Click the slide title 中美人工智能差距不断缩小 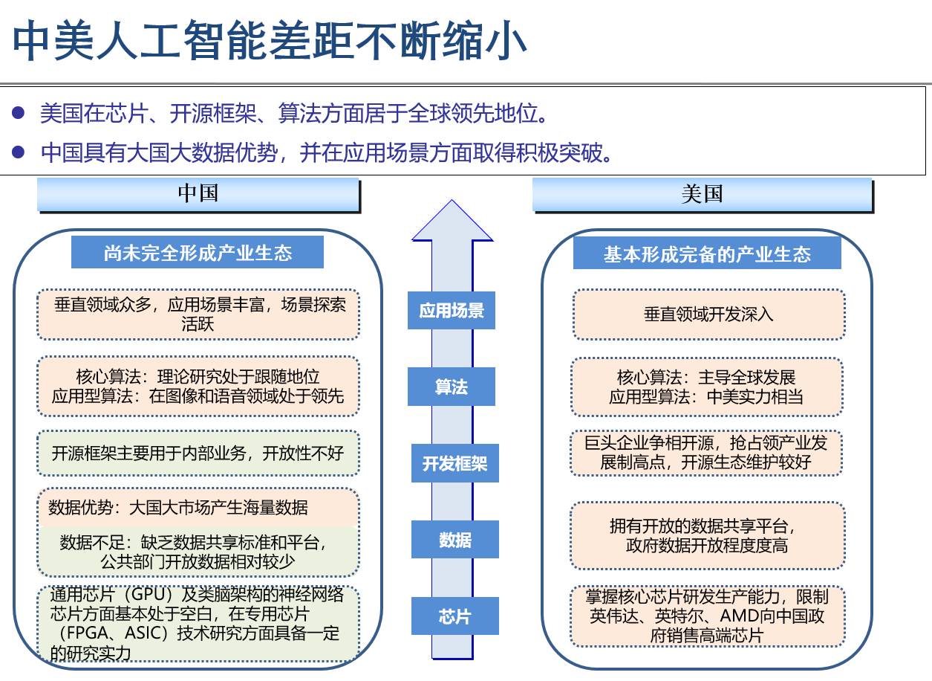pyautogui.click(x=270, y=40)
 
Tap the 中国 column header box pyautogui.click(x=198, y=194)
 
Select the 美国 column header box pyautogui.click(x=702, y=194)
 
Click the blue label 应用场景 pyautogui.click(x=452, y=310)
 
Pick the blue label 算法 pyautogui.click(x=452, y=387)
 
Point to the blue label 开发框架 pyautogui.click(x=454, y=464)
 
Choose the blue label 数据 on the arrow pyautogui.click(x=454, y=540)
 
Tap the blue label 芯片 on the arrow pyautogui.click(x=454, y=616)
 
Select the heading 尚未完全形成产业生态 pyautogui.click(x=198, y=253)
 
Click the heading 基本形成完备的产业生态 pyautogui.click(x=707, y=254)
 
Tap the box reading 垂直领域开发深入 pyautogui.click(x=708, y=314)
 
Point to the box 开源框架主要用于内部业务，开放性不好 pyautogui.click(x=198, y=453)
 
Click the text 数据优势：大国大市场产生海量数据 pyautogui.click(x=178, y=508)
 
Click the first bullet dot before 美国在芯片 pyautogui.click(x=20, y=114)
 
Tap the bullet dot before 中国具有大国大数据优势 pyautogui.click(x=20, y=152)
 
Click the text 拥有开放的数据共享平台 pyautogui.click(x=703, y=526)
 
